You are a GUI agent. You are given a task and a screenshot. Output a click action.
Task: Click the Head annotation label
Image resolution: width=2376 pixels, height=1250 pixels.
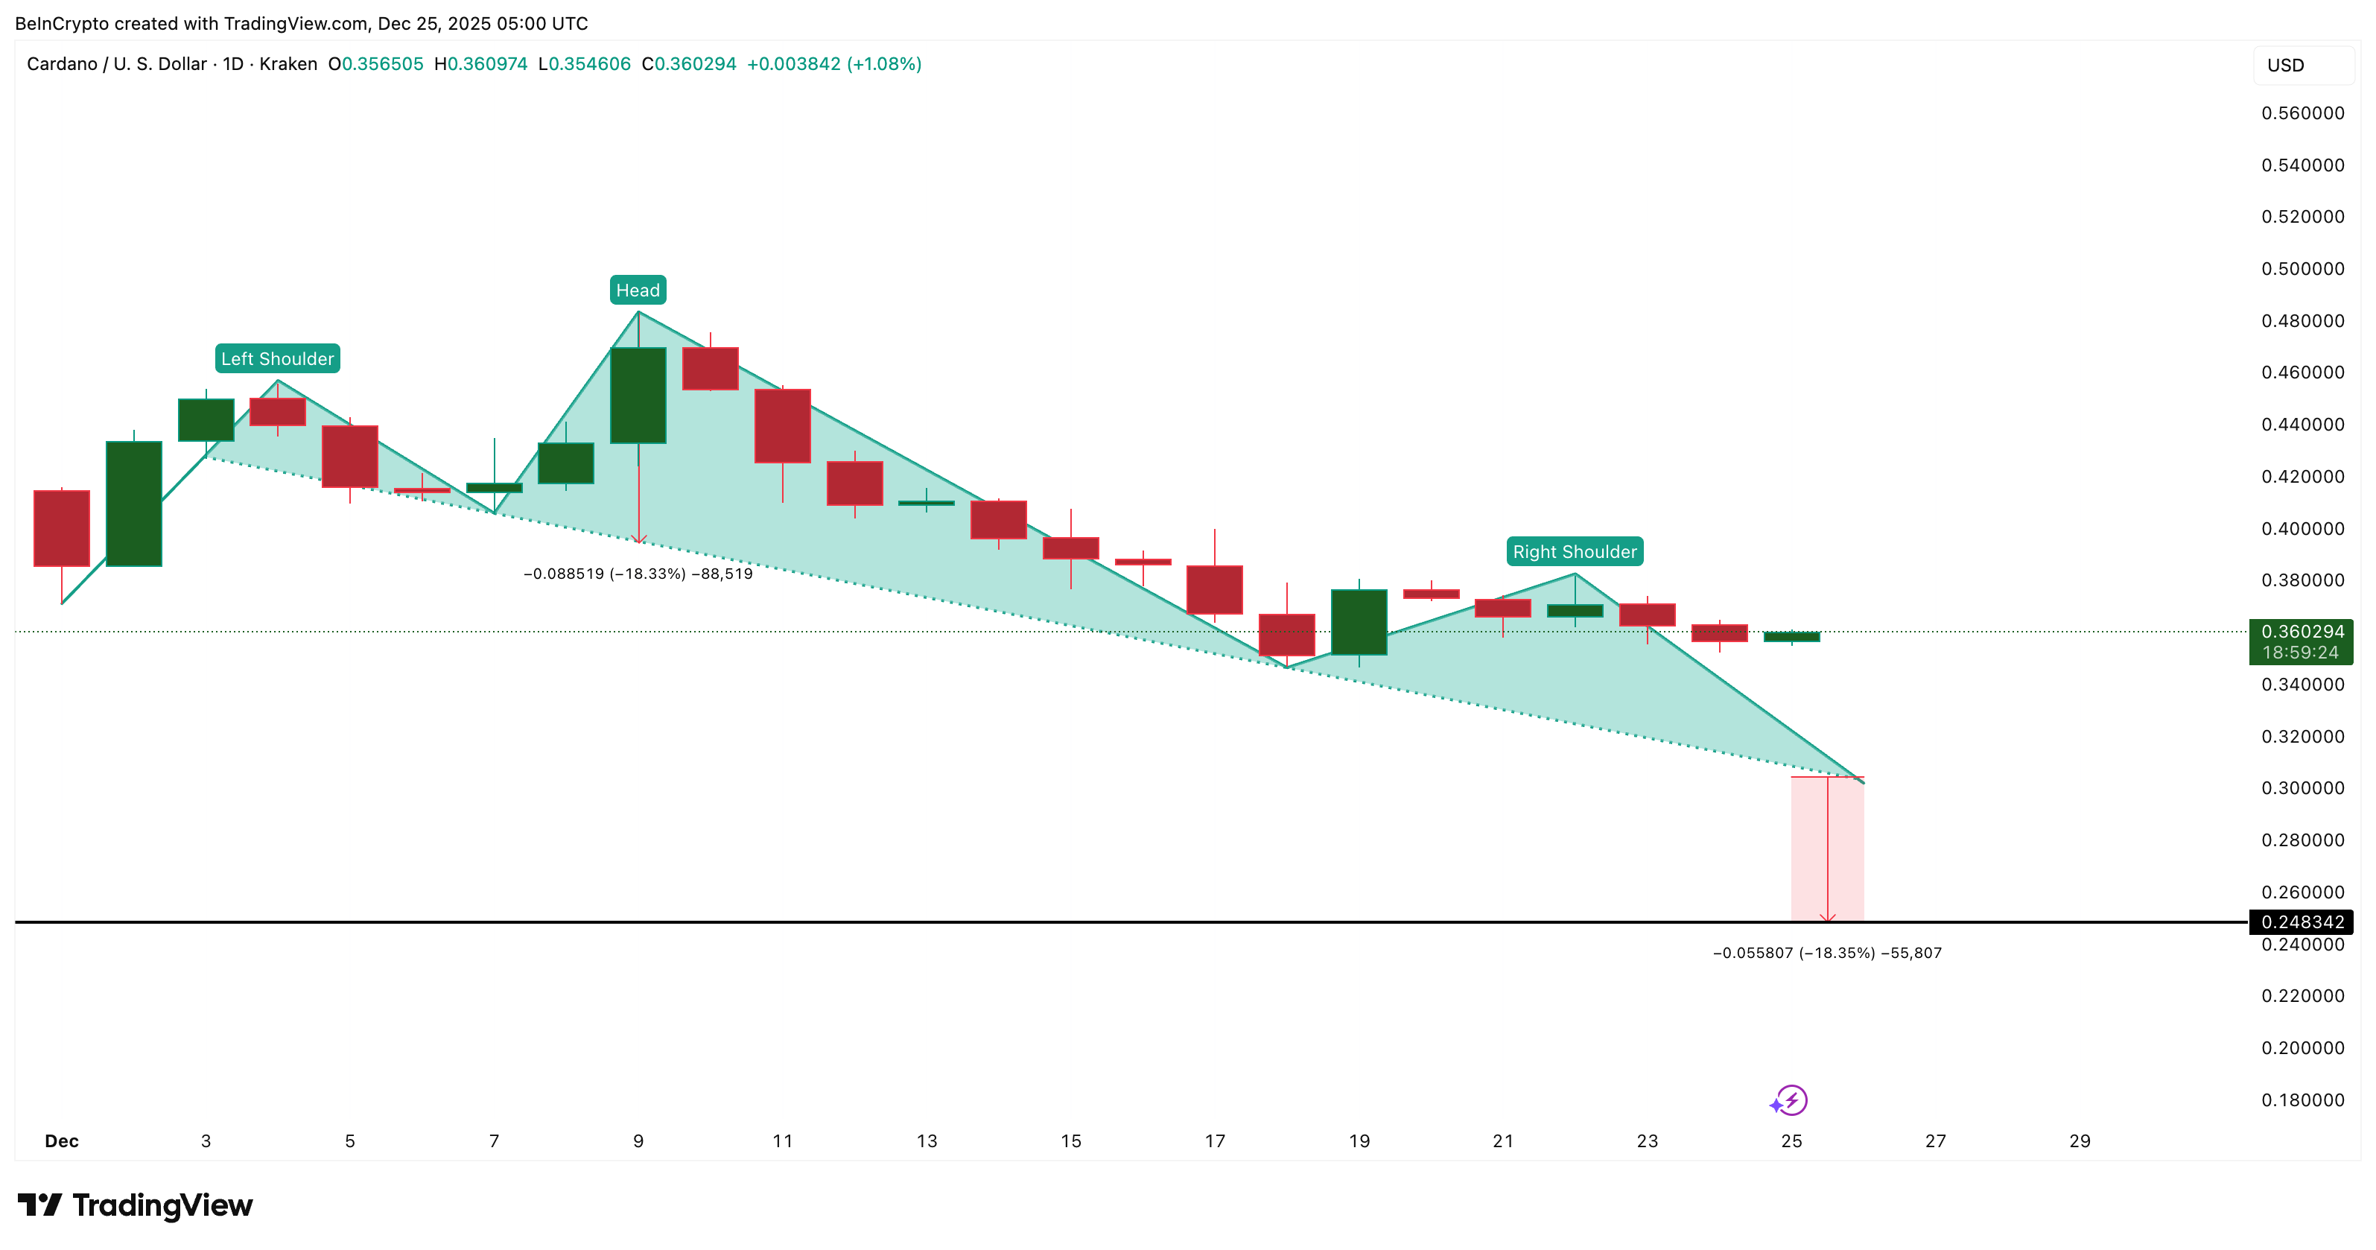click(x=638, y=291)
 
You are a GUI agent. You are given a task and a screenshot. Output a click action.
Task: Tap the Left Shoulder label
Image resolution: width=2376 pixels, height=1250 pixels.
click(x=277, y=359)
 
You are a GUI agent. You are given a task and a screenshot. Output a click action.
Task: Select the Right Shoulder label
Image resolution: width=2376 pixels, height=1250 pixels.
click(x=1574, y=552)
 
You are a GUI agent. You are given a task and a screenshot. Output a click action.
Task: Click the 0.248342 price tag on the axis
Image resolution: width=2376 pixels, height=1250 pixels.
click(x=2302, y=921)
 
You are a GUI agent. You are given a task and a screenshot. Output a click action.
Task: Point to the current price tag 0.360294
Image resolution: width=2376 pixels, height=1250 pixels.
click(x=2302, y=632)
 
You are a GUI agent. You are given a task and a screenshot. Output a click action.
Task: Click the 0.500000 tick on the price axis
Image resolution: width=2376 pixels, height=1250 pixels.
click(x=2302, y=268)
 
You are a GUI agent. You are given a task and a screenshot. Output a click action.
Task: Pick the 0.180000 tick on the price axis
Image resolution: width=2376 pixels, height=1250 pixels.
click(x=2302, y=1100)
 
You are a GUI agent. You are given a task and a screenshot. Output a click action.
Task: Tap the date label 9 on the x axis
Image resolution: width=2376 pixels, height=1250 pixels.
click(x=638, y=1141)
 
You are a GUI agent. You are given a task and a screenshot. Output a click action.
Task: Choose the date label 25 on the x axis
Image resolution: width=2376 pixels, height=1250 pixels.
click(x=1791, y=1141)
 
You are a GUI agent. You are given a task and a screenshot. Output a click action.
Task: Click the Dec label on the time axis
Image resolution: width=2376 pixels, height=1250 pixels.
click(x=62, y=1141)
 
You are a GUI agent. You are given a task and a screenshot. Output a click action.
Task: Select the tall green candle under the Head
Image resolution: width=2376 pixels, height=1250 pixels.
click(x=638, y=395)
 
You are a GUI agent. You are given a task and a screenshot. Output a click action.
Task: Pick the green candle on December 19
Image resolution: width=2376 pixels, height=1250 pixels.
click(x=1359, y=622)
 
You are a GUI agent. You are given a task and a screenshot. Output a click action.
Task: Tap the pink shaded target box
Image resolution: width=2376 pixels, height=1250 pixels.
click(x=1826, y=848)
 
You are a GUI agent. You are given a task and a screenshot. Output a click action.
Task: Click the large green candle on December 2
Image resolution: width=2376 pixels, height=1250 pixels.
click(x=134, y=503)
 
